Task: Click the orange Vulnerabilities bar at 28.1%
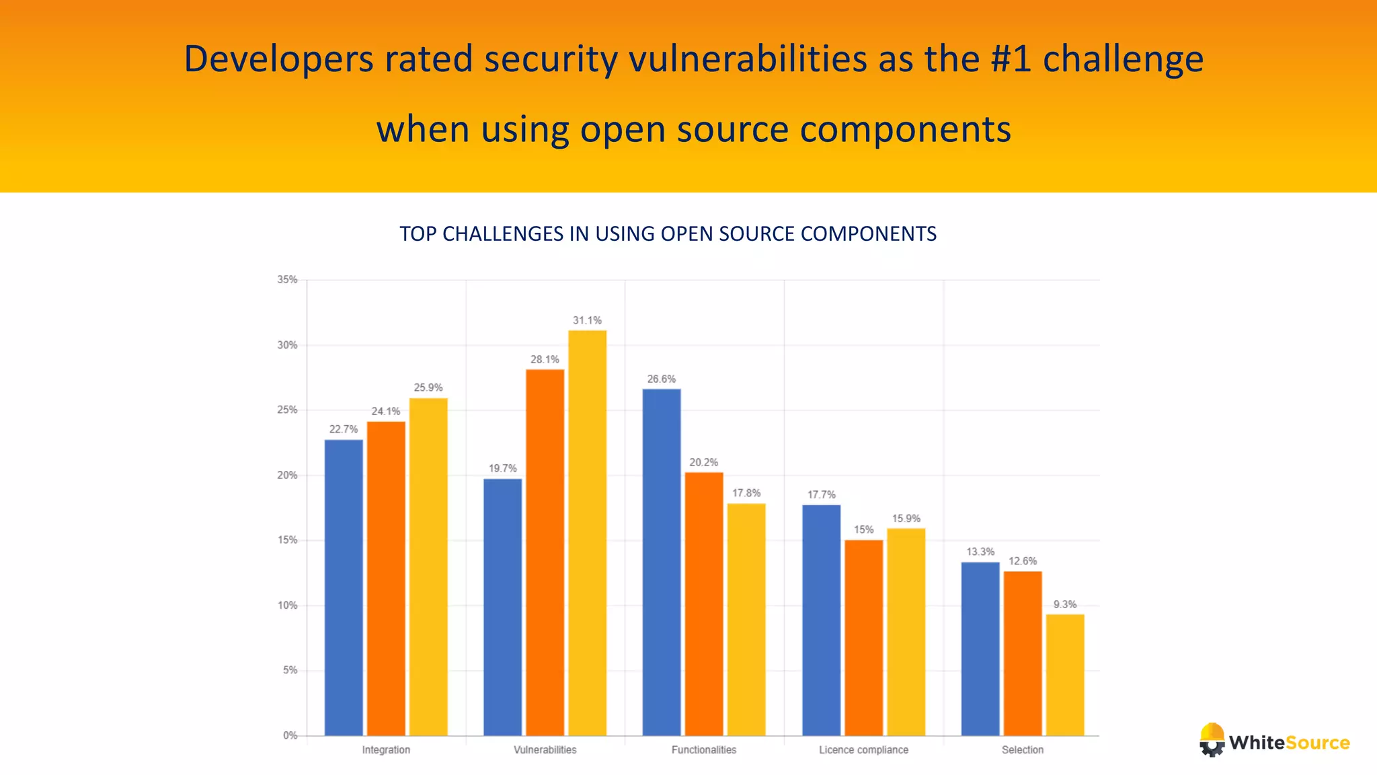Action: point(545,552)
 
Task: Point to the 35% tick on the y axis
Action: point(287,280)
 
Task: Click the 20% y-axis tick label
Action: point(287,475)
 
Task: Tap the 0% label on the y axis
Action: point(290,735)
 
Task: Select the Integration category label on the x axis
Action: point(386,749)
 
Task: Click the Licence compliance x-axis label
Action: point(863,749)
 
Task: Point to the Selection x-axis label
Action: point(1023,749)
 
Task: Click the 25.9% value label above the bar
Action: point(428,387)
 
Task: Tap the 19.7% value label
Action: point(502,468)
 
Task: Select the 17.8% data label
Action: point(746,493)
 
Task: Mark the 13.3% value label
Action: point(980,552)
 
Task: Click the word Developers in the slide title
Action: point(278,59)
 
